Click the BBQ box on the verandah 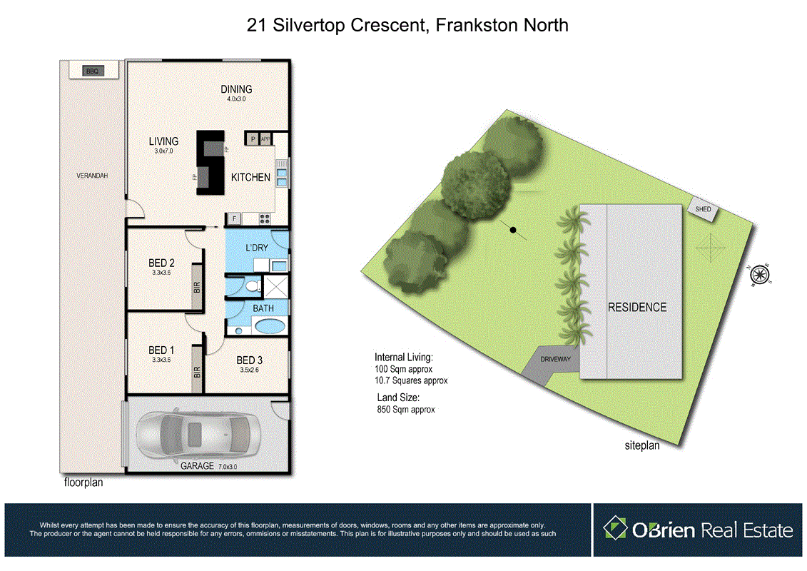pyautogui.click(x=91, y=71)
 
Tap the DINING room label pyautogui.click(x=236, y=89)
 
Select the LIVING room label pyautogui.click(x=163, y=141)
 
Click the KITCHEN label pyautogui.click(x=250, y=177)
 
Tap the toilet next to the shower pyautogui.click(x=249, y=287)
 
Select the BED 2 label pyautogui.click(x=161, y=263)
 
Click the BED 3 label pyautogui.click(x=250, y=360)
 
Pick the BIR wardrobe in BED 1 pyautogui.click(x=197, y=372)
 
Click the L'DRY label pyautogui.click(x=257, y=247)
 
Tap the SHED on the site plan pyautogui.click(x=704, y=209)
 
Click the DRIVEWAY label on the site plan pyautogui.click(x=555, y=359)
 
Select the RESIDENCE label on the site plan pyautogui.click(x=637, y=308)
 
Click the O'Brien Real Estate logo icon pyautogui.click(x=615, y=529)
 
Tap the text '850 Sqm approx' pyautogui.click(x=405, y=410)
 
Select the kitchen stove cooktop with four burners pyautogui.click(x=265, y=218)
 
